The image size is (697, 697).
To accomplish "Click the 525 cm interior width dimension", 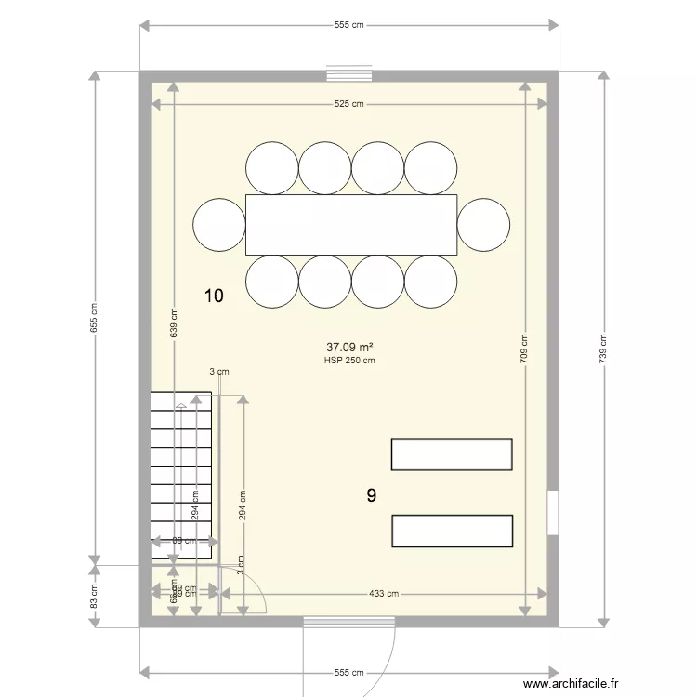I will (348, 104).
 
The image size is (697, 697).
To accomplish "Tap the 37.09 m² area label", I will (349, 348).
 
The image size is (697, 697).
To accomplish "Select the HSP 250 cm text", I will (349, 361).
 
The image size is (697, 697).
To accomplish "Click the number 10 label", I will (214, 296).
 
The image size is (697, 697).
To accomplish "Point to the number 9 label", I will (372, 496).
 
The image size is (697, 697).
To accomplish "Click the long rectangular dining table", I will (351, 225).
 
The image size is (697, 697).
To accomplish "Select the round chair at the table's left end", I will (219, 225).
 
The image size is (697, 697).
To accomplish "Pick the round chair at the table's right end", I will (483, 225).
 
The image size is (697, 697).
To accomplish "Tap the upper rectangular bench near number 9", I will (452, 454).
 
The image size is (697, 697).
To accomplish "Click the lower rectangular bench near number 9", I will (453, 531).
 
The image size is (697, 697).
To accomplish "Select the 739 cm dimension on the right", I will (603, 347).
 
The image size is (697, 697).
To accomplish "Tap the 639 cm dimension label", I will (174, 321).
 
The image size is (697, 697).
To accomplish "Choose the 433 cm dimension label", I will (383, 594).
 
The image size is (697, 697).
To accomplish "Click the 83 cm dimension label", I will (94, 595).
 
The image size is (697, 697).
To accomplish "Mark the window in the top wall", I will (349, 74).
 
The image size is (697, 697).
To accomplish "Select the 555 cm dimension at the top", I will (348, 25).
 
